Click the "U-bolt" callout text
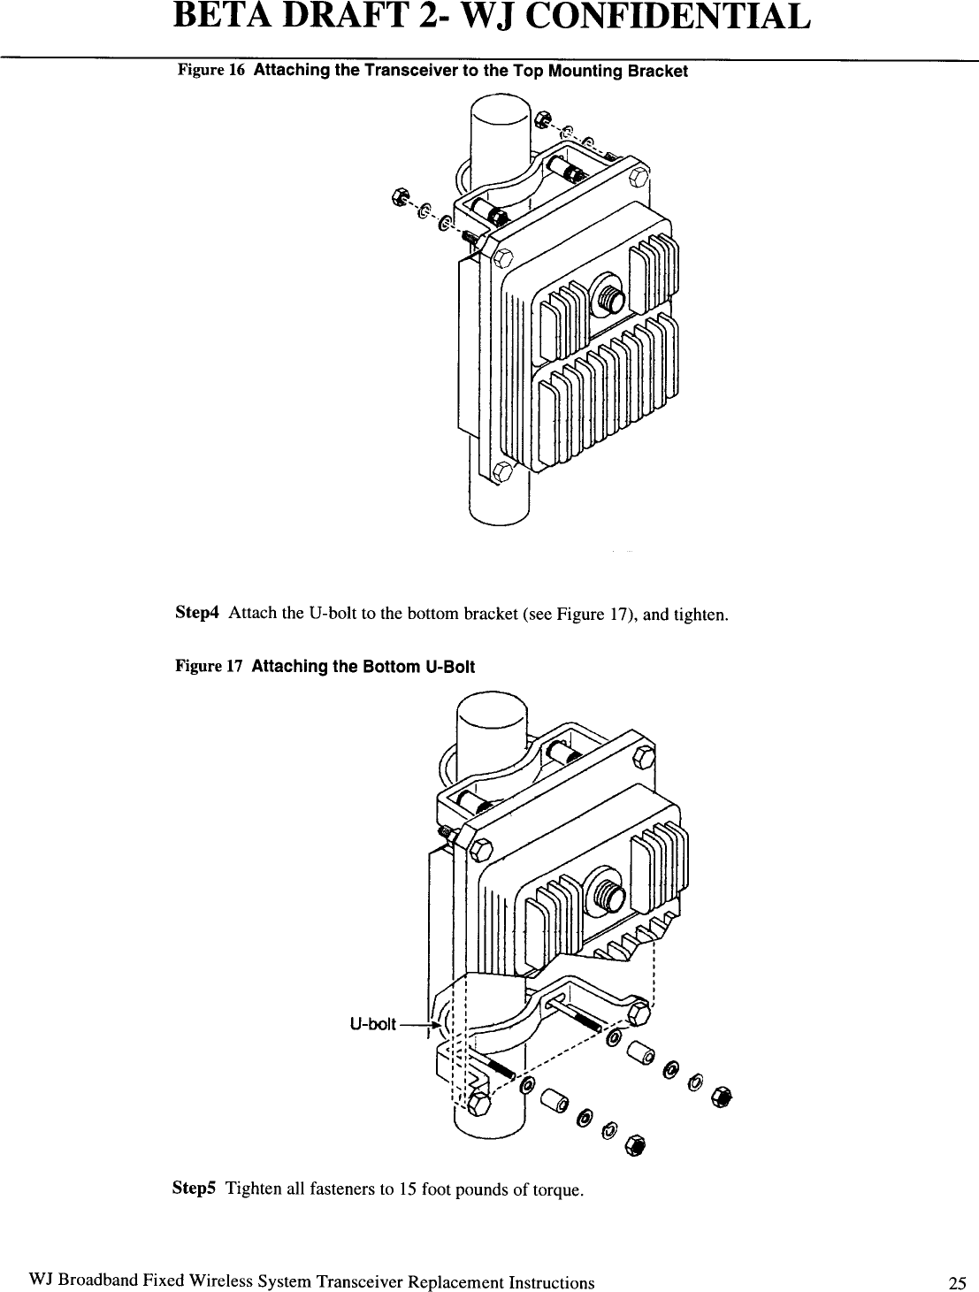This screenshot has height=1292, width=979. [x=372, y=1025]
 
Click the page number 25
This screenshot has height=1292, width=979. [x=954, y=1282]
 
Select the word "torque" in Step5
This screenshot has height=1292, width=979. [x=560, y=1189]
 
